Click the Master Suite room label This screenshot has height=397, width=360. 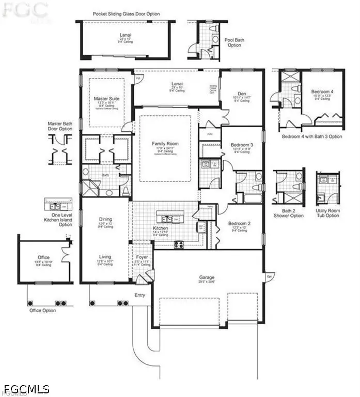[106, 98]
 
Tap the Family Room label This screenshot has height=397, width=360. [165, 143]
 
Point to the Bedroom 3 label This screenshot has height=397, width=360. [242, 144]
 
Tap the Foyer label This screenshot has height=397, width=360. [142, 257]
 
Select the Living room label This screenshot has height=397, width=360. [105, 256]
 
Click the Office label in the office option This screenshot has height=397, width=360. [43, 257]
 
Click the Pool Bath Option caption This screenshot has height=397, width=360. [234, 42]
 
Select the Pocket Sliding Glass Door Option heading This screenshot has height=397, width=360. [126, 14]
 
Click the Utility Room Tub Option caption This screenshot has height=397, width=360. [328, 213]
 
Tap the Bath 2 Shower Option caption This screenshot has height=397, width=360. [289, 213]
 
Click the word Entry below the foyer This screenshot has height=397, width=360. [139, 295]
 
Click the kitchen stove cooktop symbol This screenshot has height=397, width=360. [179, 245]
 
